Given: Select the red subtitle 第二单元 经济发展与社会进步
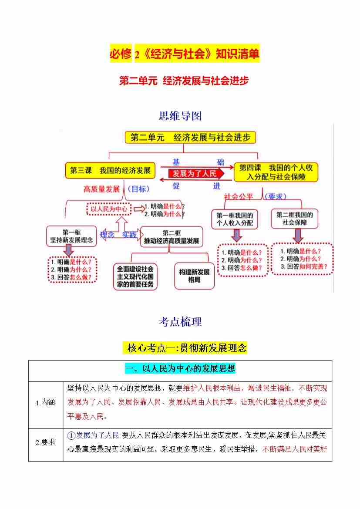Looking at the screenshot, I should pos(184,81).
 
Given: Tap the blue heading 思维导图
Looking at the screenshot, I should pos(180,116).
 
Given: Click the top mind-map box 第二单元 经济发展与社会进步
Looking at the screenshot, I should pos(191,138).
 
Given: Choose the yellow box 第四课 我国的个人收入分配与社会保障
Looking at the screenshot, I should pos(276,172).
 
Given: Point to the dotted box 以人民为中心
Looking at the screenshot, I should pos(109,209).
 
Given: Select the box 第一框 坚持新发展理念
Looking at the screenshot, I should pos(71,236).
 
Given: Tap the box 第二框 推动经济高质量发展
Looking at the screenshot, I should pos(172,237).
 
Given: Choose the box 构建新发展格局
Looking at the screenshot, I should pos(195,276).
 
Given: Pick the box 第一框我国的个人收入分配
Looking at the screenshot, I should pos(235,219).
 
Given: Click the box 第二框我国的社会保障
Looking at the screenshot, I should pos(295,219).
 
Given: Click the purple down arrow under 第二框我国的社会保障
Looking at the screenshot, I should pos(298,236).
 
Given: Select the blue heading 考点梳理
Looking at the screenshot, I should pos(180,322).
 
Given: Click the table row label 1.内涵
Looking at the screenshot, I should pos(45,403).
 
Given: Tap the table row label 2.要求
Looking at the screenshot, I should pos(45,442).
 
